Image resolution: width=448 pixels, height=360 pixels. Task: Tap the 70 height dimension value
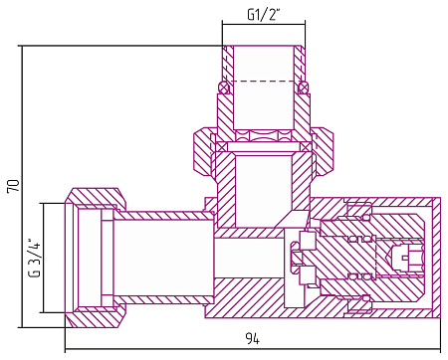point(14,186)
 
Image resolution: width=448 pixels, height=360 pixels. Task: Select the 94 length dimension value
point(253,338)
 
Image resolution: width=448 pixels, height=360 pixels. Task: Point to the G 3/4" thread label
point(35,258)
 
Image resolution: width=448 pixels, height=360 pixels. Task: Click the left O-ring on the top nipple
point(224,88)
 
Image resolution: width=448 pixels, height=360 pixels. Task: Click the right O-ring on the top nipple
point(303,88)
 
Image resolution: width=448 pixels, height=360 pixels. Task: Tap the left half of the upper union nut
point(202,151)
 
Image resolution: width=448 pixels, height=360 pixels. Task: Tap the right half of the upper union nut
point(324,151)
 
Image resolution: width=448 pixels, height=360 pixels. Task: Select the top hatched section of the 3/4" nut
point(97,199)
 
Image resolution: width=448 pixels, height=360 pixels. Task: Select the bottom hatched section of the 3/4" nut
point(97,316)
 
